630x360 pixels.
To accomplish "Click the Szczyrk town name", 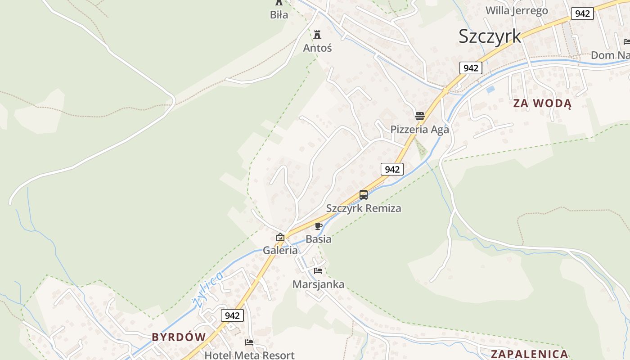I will tap(490, 36).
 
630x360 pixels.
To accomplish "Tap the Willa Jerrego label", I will tap(517, 10).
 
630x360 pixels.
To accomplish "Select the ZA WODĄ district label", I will tap(542, 103).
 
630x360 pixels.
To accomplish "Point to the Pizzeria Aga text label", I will tap(419, 130).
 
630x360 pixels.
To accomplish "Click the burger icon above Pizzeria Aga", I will tap(420, 116).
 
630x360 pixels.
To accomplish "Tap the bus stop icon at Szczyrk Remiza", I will tap(364, 195).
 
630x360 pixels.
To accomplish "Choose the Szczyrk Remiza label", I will tap(364, 208).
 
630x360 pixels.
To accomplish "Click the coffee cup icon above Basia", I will tap(319, 226).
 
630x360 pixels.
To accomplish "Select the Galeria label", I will tap(280, 250).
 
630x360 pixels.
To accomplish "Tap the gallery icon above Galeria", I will tap(280, 237).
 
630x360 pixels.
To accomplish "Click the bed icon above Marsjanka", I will tap(318, 271).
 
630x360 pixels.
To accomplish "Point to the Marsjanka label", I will tap(318, 284).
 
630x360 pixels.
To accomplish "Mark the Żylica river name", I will tap(207, 289).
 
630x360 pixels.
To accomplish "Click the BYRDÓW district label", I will tap(179, 337).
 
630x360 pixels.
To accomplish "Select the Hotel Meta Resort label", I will tap(249, 355).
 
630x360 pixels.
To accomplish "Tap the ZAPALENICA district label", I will tap(529, 354).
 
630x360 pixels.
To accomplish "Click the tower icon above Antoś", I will tap(318, 34).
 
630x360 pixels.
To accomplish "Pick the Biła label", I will tap(279, 15).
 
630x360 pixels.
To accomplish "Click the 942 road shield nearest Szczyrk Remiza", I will tap(392, 169).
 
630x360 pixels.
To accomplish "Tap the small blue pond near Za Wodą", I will tap(490, 89).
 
